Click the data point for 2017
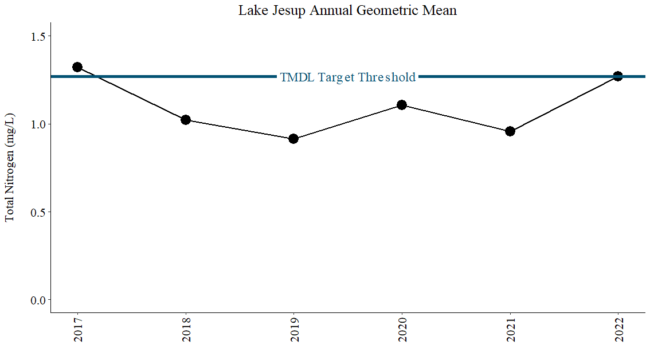77,66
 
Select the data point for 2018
186,120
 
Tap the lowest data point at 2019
293,139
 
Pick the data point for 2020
402,104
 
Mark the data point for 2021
510,131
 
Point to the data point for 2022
618,76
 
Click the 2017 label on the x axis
78,330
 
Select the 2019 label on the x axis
294,330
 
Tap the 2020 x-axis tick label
402,330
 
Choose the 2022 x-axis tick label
618,330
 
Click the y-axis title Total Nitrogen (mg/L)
10,167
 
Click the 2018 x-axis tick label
186,330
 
